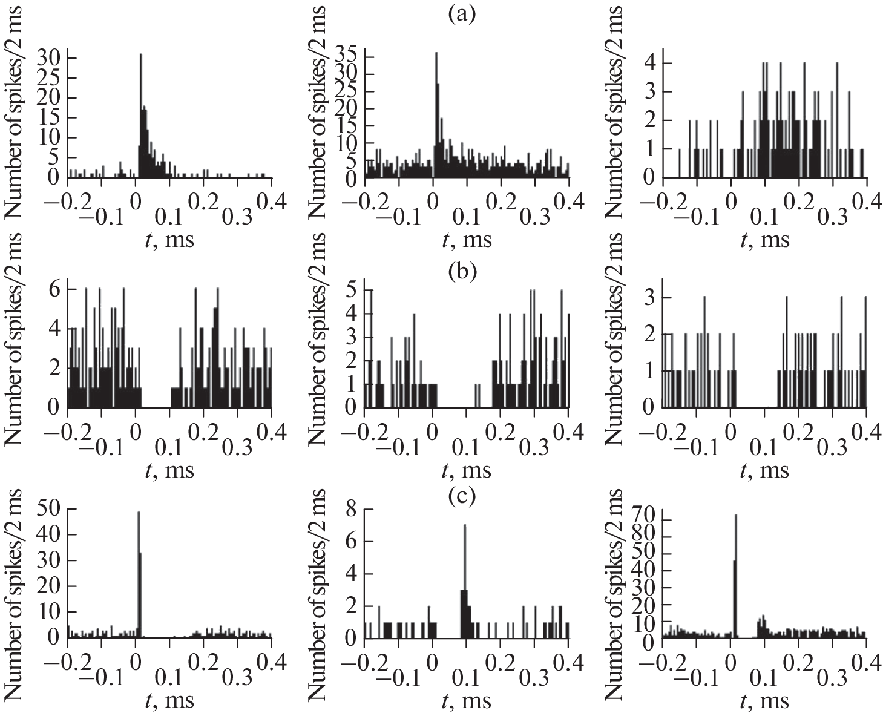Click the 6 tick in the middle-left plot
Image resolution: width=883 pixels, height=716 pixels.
54,289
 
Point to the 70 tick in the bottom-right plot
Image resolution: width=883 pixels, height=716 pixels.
642,519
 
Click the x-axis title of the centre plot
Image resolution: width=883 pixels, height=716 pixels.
467,469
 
